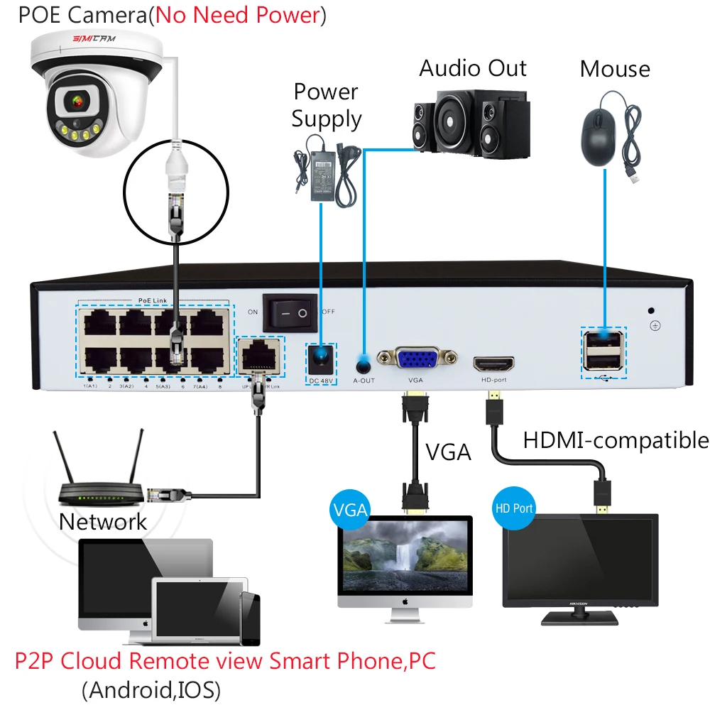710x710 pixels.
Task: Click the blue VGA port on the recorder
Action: (x=417, y=359)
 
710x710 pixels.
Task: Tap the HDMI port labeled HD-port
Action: (x=493, y=364)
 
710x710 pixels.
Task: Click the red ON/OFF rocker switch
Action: (x=290, y=312)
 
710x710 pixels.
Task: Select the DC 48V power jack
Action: (x=322, y=359)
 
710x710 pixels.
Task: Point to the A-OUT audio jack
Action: (x=364, y=365)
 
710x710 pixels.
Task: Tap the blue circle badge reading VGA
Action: (x=349, y=509)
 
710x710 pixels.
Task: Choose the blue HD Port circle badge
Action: (x=513, y=508)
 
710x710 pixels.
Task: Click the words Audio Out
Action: (x=473, y=68)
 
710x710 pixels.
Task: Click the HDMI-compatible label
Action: (x=616, y=440)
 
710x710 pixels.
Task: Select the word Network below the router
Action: (x=103, y=522)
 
